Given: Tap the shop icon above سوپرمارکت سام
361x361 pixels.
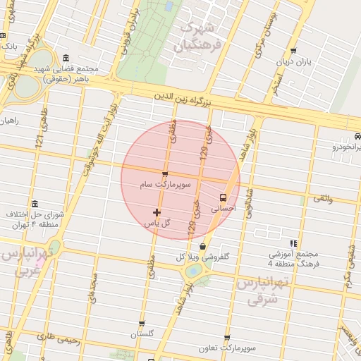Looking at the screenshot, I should tap(165, 174).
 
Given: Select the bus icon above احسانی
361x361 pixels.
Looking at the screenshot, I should tap(224, 198).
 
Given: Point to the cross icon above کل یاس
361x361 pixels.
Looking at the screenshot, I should tap(157, 212).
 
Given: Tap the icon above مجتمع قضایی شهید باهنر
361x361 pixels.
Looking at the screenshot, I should tap(66, 58).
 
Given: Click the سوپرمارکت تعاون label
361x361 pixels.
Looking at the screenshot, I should tap(226, 348).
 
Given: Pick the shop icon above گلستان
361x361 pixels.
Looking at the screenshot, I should tap(142, 324).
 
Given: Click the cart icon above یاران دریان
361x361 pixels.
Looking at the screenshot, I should tap(293, 51).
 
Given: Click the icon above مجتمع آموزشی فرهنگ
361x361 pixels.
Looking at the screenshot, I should tap(293, 243).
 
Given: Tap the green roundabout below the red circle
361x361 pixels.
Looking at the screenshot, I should tap(192, 271).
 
